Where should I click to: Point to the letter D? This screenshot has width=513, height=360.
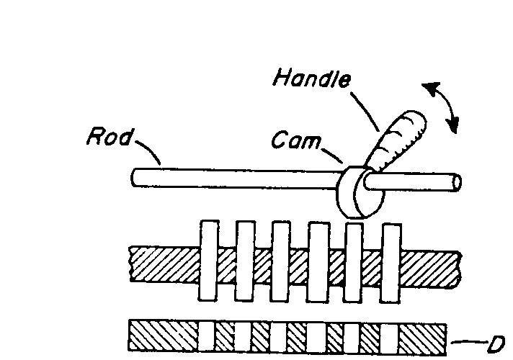pos(494,345)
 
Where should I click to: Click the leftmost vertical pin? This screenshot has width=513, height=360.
pos(208,261)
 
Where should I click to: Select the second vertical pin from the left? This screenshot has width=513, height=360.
pos(245,261)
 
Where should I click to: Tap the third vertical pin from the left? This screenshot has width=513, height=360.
pos(281,261)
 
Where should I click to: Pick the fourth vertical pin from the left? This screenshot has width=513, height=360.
pos(318,261)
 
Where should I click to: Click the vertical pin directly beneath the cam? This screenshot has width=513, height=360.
pos(354,261)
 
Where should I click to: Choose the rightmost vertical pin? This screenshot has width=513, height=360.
pos(391,261)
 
